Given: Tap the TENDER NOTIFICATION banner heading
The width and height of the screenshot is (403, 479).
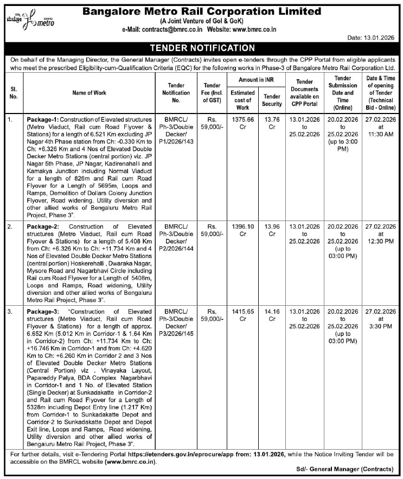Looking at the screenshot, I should [x=201, y=48].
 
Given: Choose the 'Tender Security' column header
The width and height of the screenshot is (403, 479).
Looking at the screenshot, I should [x=272, y=100].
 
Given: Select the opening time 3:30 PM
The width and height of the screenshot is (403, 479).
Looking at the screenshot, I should [x=382, y=326].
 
